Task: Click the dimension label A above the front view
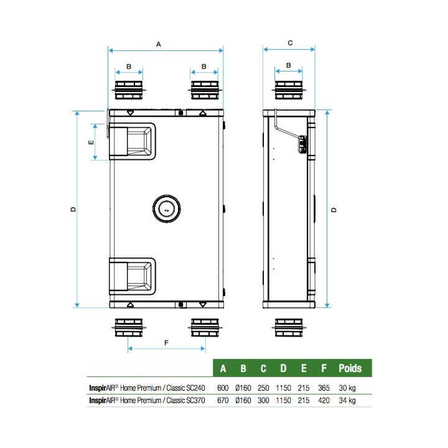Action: pyautogui.click(x=158, y=44)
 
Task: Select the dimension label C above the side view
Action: pyautogui.click(x=290, y=43)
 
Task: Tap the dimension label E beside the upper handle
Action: pyautogui.click(x=91, y=142)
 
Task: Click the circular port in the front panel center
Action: pyautogui.click(x=166, y=208)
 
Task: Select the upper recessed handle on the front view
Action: pyautogui.click(x=133, y=141)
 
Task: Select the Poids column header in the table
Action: pyautogui.click(x=350, y=368)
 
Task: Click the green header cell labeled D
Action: pyautogui.click(x=283, y=368)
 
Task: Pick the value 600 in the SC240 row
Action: pyautogui.click(x=223, y=387)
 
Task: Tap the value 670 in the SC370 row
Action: pyautogui.click(x=223, y=401)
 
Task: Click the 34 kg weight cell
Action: pyautogui.click(x=347, y=401)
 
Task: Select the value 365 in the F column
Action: pyautogui.click(x=324, y=387)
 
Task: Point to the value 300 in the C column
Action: pyautogui.click(x=263, y=401)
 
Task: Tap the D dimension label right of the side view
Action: pyautogui.click(x=334, y=210)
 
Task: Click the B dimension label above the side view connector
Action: pyautogui.click(x=289, y=65)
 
